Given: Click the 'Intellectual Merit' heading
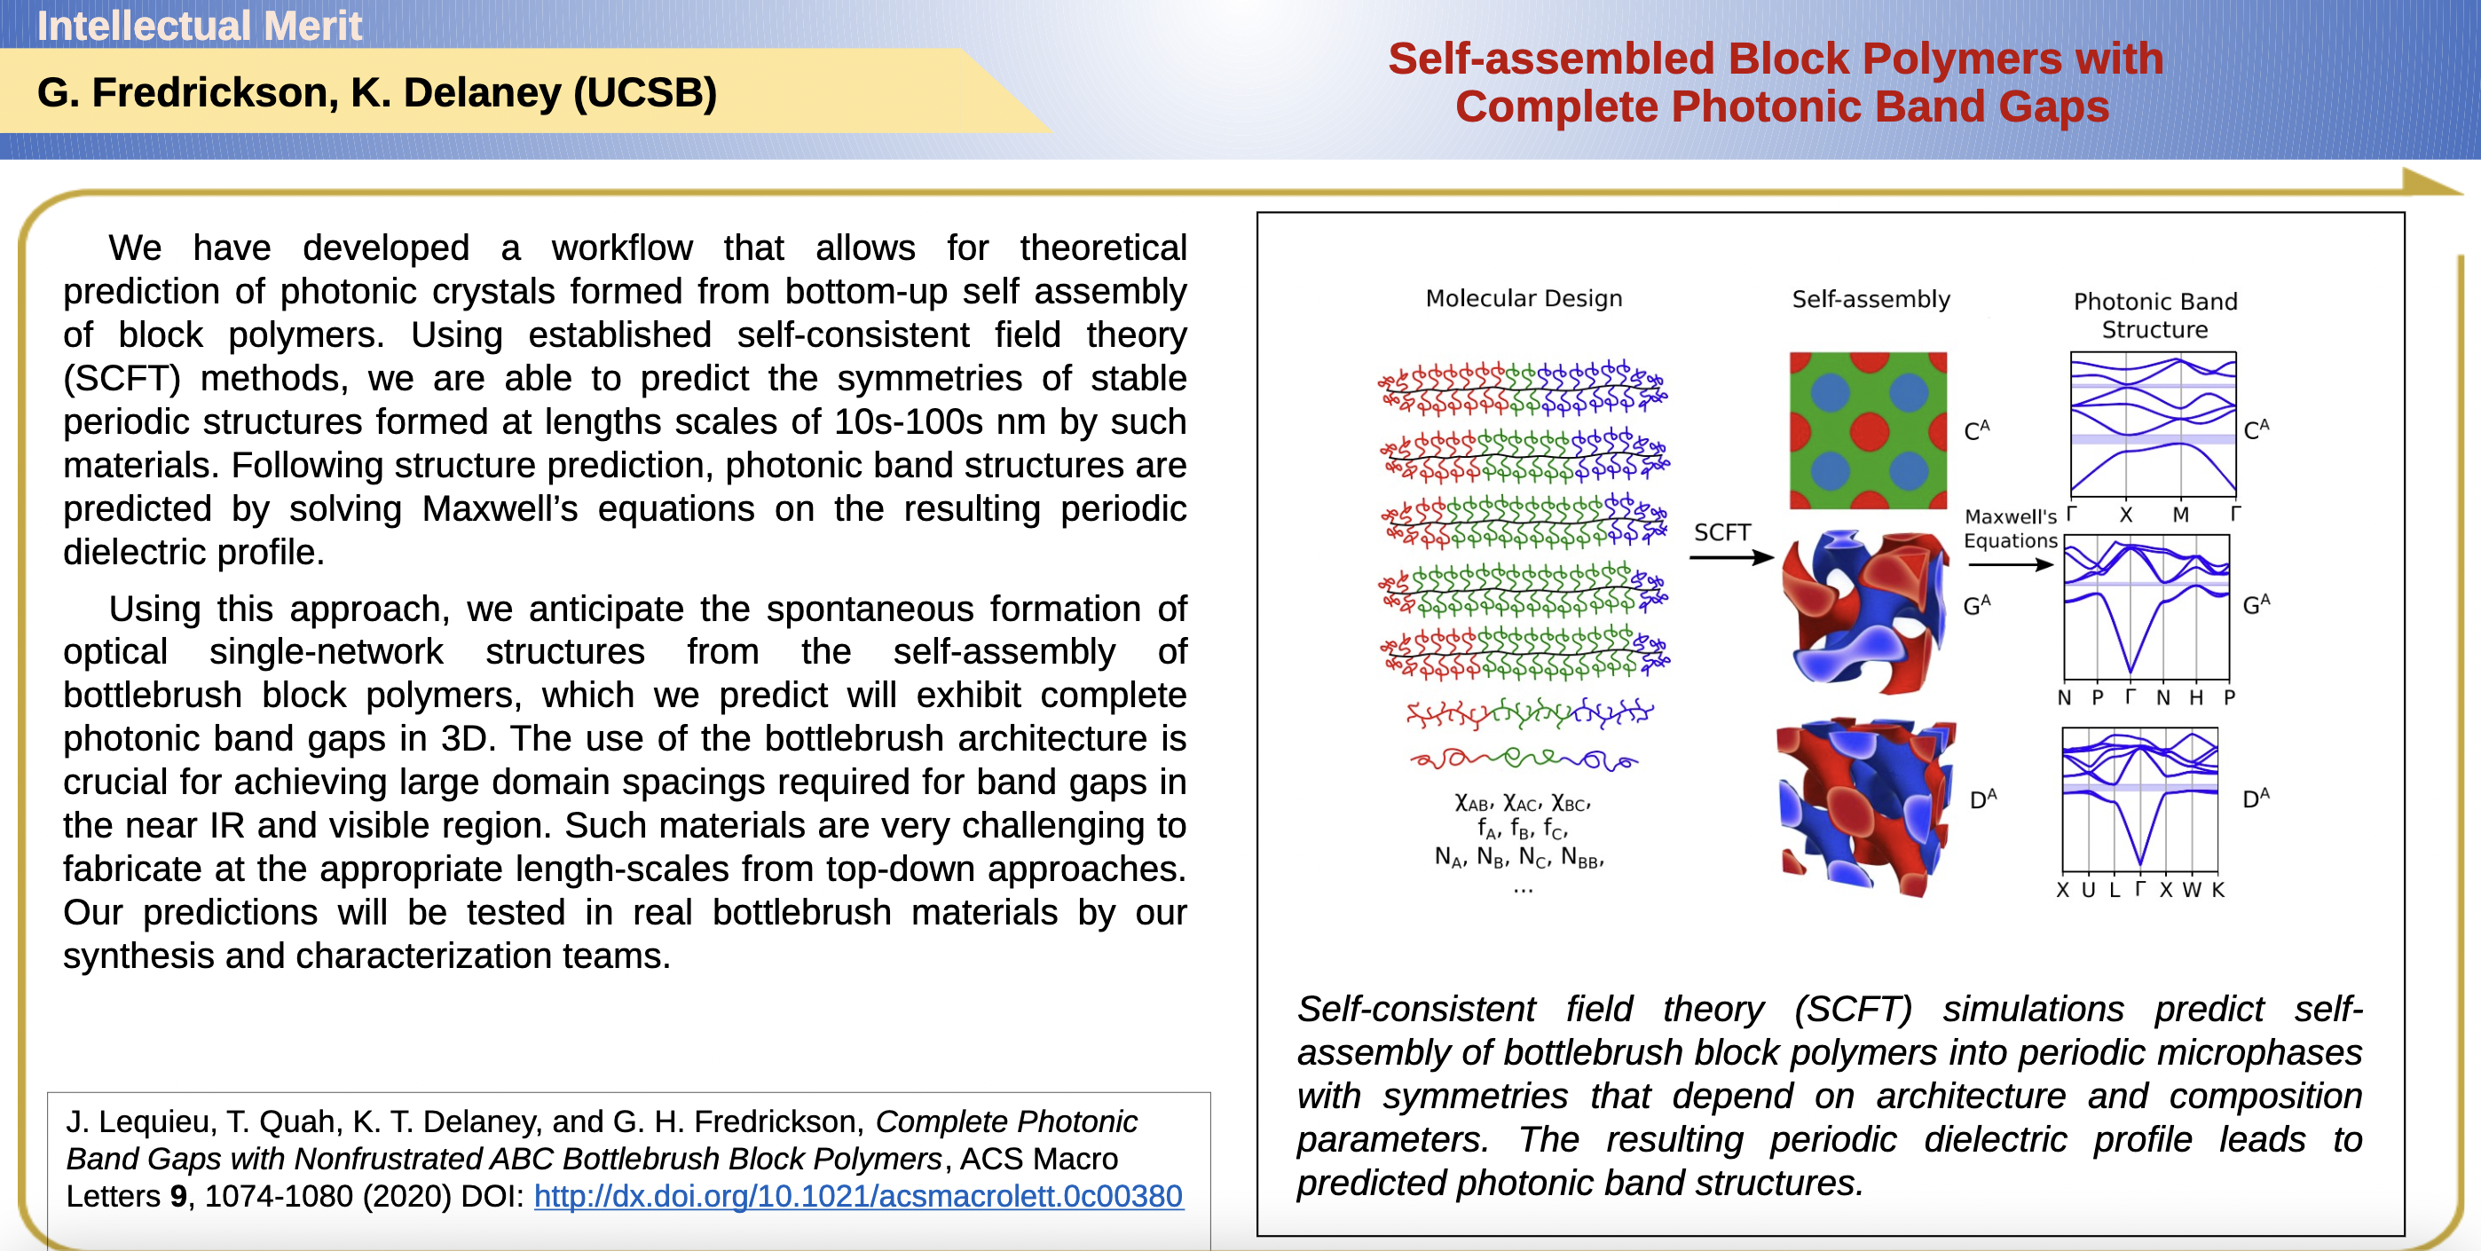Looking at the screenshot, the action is click(200, 26).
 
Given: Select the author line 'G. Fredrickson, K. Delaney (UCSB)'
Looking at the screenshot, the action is click(376, 92).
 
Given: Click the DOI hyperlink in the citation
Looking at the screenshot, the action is click(858, 1196).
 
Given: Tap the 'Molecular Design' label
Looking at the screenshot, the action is click(1524, 298).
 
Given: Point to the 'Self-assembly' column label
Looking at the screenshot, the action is click(1871, 300).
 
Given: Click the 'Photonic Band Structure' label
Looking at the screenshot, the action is click(2154, 315).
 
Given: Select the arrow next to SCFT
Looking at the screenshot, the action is click(1730, 557).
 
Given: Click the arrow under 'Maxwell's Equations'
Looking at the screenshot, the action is click(2010, 565).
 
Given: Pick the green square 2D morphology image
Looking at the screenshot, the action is click(1868, 430).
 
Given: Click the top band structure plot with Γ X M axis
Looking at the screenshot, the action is click(2154, 425).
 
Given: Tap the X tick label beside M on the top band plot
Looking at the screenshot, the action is click(2125, 515).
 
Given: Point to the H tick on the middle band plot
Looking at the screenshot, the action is click(2196, 697).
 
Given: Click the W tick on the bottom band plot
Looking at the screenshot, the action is click(2191, 890).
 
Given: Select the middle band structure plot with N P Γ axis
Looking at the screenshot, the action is click(2146, 608).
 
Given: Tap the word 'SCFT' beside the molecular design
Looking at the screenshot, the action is click(1722, 532).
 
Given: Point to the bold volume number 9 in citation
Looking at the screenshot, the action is click(178, 1196).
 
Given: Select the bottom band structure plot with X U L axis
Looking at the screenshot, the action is click(2140, 800).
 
